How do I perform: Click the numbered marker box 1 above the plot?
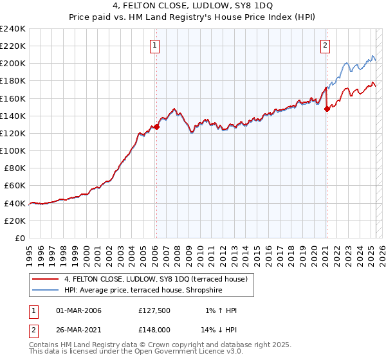(156, 45)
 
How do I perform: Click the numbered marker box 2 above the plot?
(326, 45)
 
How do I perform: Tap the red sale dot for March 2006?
(156, 127)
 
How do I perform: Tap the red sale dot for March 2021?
(327, 109)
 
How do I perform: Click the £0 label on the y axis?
(20, 238)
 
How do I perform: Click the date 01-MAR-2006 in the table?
(78, 310)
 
